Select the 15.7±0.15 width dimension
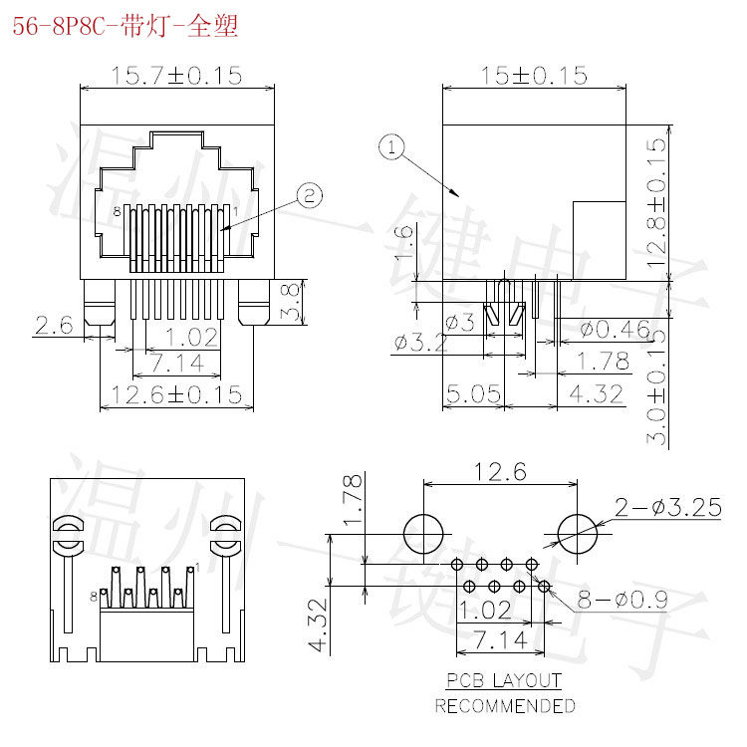coord(177,76)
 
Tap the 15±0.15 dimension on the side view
coord(534,76)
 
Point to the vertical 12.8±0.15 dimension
coord(654,203)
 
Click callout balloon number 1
coord(392,148)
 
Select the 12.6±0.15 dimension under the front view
coord(176,394)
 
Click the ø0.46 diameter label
coord(615,328)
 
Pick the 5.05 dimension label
coord(473,395)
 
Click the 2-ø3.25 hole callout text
coord(667,508)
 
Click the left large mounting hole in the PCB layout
coord(424,533)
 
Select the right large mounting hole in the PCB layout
coord(578,533)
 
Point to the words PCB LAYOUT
coord(504,682)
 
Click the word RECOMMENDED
coord(504,705)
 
